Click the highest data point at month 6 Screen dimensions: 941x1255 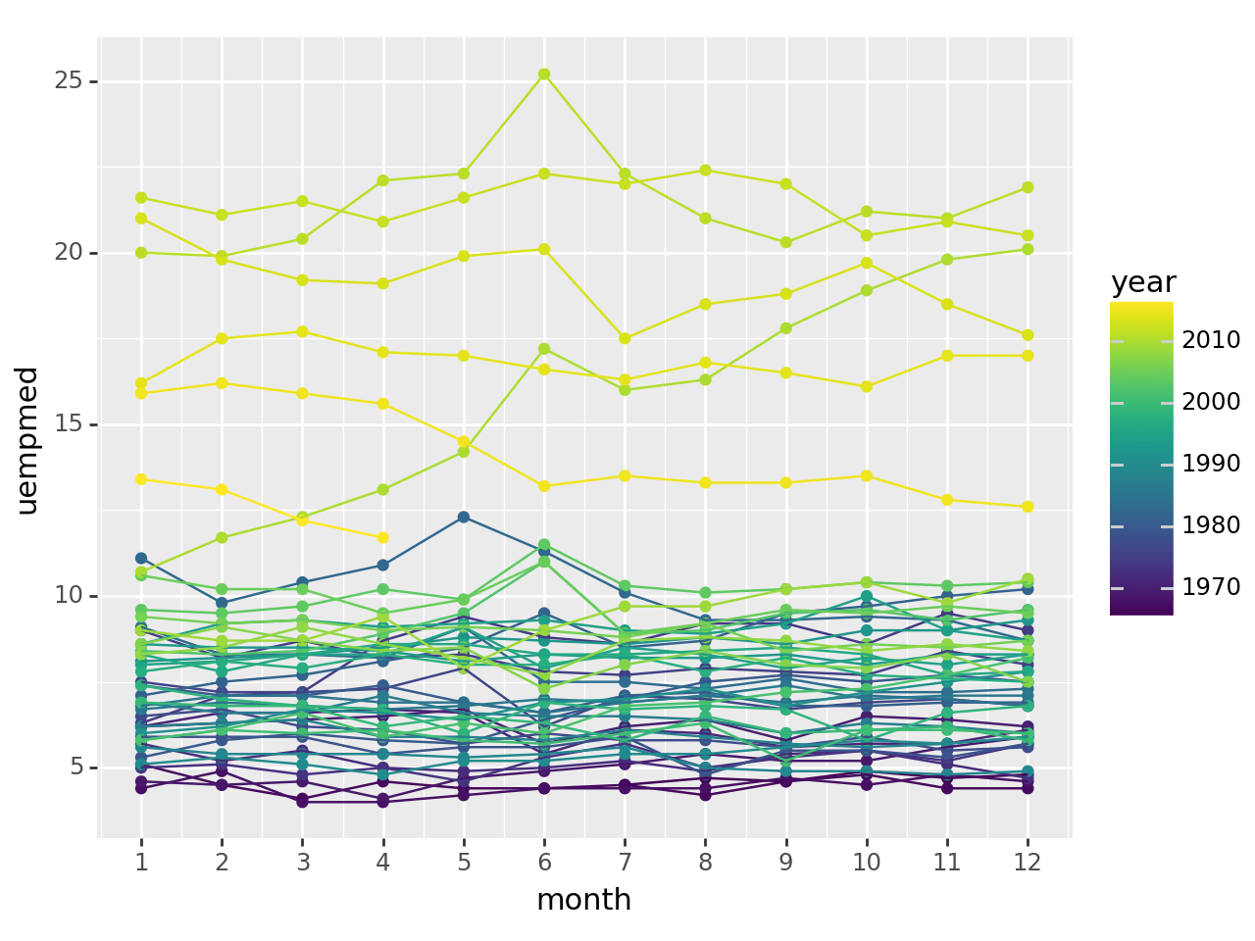[x=544, y=74]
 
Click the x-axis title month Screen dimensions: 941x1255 [x=583, y=900]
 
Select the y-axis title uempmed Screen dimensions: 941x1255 [x=27, y=440]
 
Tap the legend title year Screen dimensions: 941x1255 [x=1143, y=283]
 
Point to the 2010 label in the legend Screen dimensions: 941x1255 [x=1211, y=340]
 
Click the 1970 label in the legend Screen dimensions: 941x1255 [x=1211, y=587]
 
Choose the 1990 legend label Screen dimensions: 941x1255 [x=1211, y=464]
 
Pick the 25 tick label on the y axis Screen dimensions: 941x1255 [x=68, y=81]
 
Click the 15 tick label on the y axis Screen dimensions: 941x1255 [x=68, y=424]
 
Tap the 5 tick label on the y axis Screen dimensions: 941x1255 [x=75, y=768]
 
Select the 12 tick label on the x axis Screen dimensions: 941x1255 [x=1027, y=862]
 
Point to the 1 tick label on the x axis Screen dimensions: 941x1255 [x=141, y=862]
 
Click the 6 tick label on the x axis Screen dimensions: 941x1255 [x=544, y=862]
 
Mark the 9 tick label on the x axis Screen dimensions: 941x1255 [x=785, y=862]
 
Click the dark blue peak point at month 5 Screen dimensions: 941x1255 [x=464, y=517]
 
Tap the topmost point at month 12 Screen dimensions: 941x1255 [x=1028, y=187]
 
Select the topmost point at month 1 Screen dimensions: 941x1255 [x=141, y=198]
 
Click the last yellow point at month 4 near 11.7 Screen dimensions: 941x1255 [x=383, y=537]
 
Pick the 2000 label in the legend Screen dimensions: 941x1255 [x=1211, y=402]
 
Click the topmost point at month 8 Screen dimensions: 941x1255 [x=705, y=171]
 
